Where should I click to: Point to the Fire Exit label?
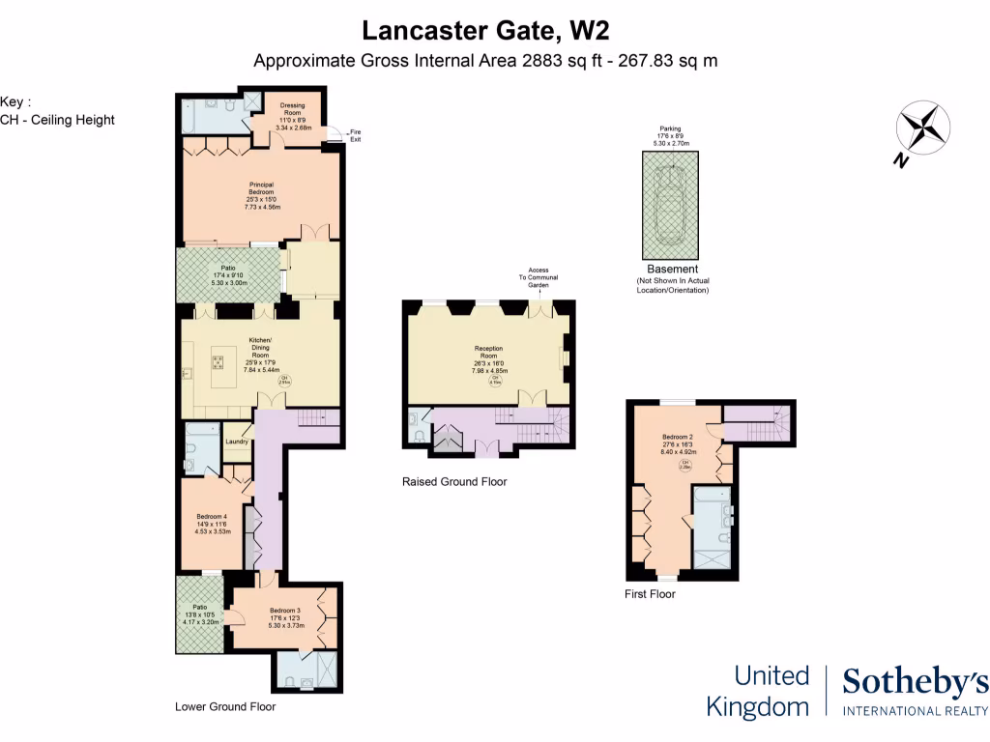[355, 135]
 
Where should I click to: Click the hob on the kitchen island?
[218, 363]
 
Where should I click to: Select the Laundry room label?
[237, 442]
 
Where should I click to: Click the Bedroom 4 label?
[211, 523]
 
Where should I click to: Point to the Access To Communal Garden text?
[538, 278]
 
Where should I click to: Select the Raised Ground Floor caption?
[453, 481]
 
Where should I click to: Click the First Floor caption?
[650, 594]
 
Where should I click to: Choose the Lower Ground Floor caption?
[225, 706]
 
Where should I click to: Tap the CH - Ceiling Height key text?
[57, 120]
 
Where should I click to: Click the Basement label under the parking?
[671, 269]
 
